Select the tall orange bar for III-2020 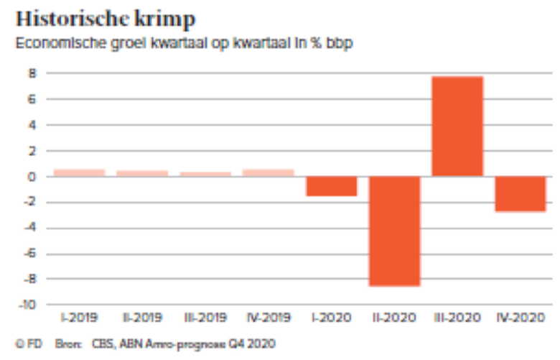[457, 126]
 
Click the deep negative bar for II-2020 [394, 231]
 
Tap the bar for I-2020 [331, 186]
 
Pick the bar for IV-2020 [520, 194]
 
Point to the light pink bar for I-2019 [79, 172]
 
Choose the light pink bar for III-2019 [205, 174]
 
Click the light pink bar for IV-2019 [268, 172]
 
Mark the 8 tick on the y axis [32, 73]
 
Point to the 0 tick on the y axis [32, 177]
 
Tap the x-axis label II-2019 [141, 318]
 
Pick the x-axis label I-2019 [79, 318]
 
